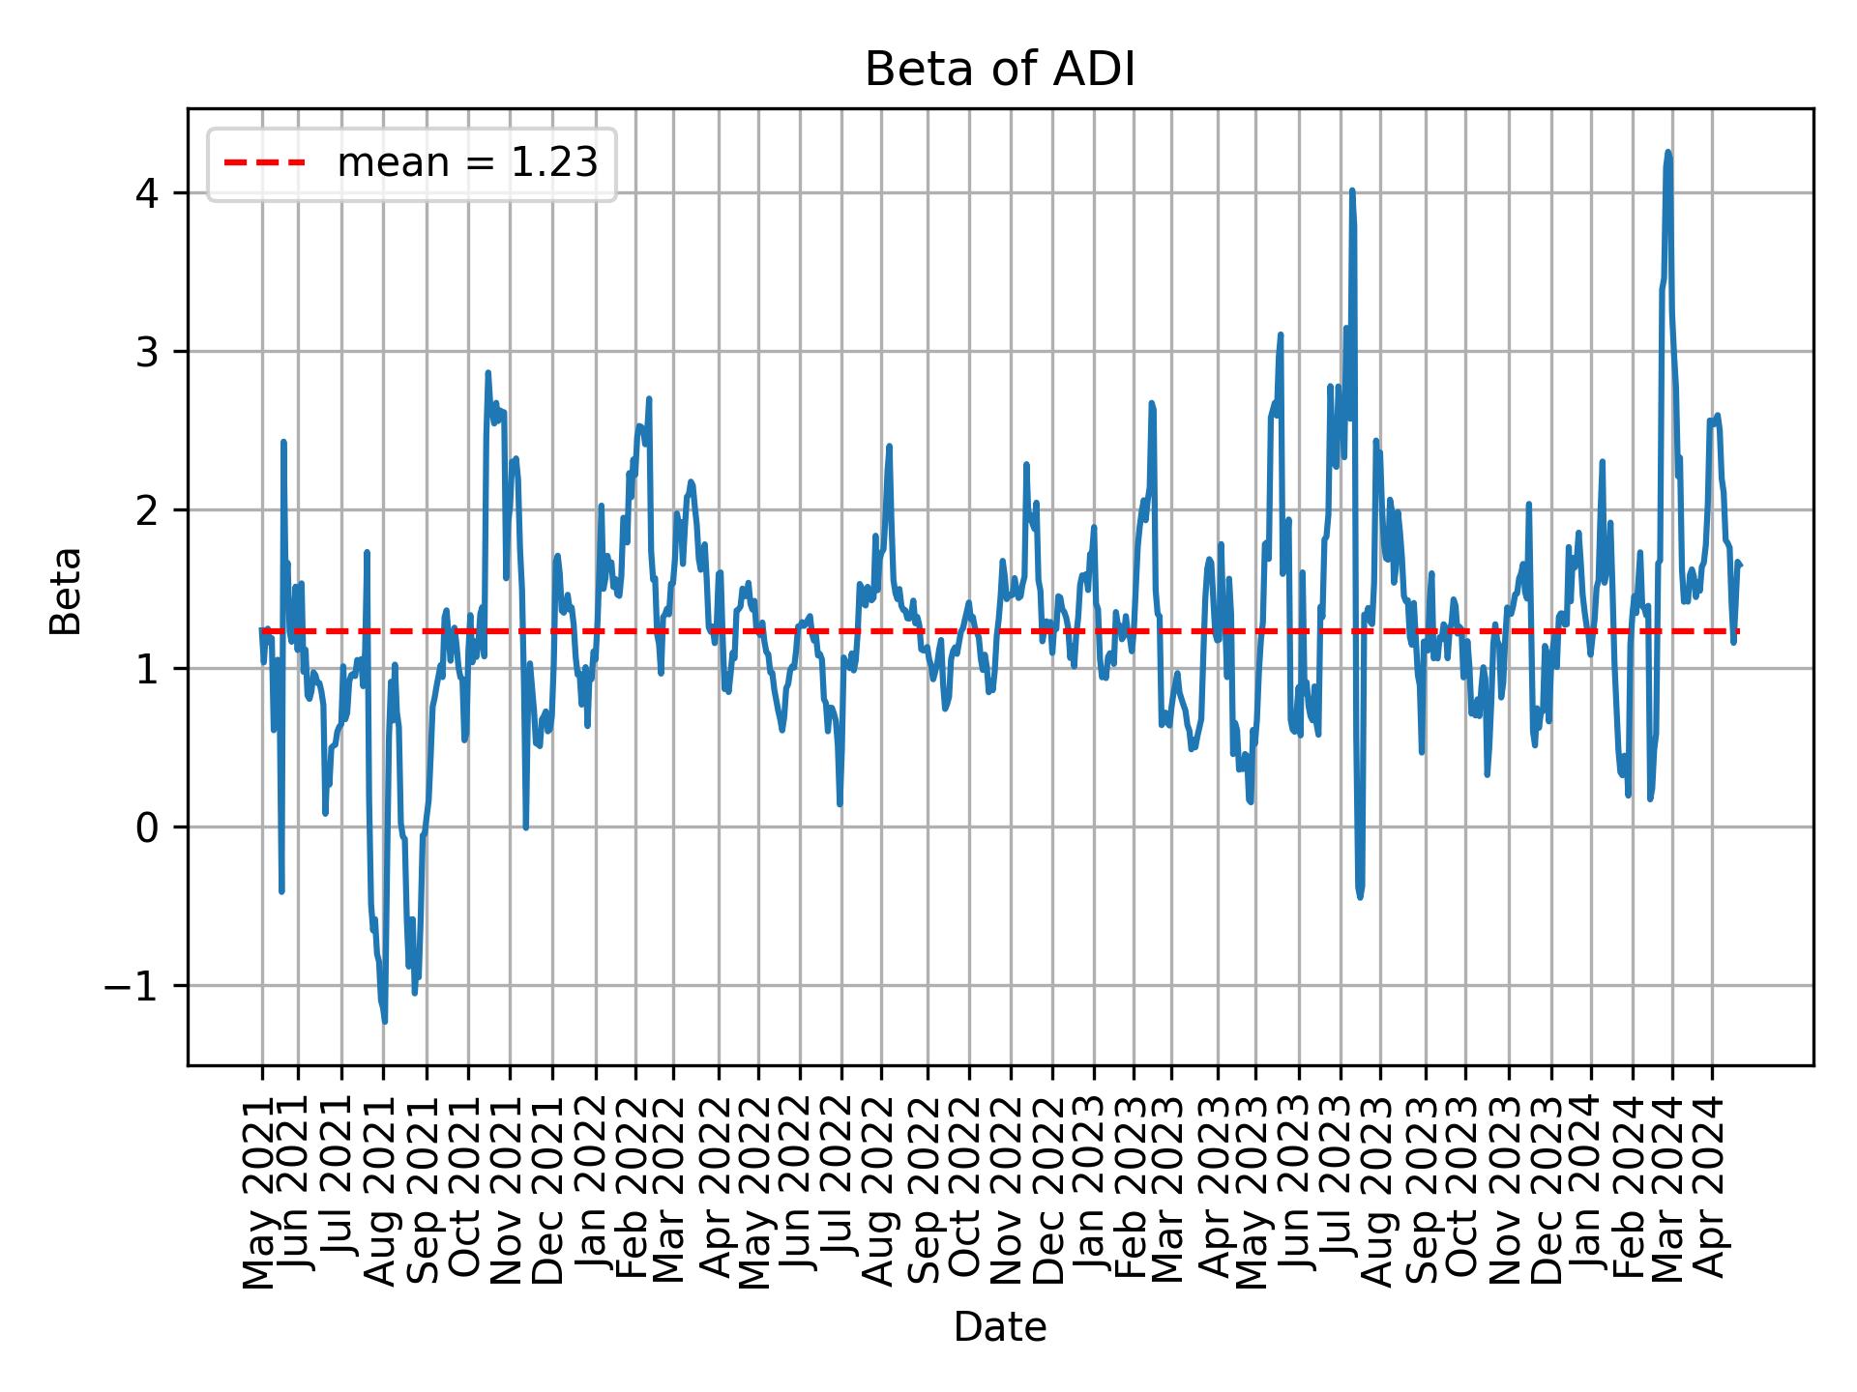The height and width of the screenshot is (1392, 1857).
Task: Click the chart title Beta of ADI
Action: tap(999, 70)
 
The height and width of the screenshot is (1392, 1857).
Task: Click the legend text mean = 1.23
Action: tap(467, 163)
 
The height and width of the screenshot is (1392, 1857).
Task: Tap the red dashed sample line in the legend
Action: tap(265, 163)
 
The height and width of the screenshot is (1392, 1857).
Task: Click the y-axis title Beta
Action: tap(66, 591)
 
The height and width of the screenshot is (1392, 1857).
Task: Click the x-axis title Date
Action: tap(999, 1328)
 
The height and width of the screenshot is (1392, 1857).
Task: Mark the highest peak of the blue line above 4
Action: tap(1667, 152)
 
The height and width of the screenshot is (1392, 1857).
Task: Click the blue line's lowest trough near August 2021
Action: tap(385, 1021)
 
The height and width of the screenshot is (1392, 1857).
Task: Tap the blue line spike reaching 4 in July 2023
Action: tap(1352, 191)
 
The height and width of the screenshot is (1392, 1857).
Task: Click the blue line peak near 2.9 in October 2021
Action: tap(487, 372)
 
